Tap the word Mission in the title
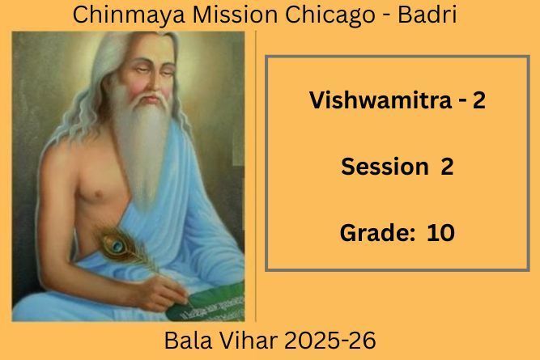(x=235, y=15)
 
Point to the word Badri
(x=427, y=15)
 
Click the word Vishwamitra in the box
(x=381, y=100)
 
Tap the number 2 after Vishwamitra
(x=478, y=100)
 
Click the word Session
(x=385, y=166)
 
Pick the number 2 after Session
(x=447, y=167)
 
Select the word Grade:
(x=377, y=233)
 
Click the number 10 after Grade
(x=440, y=233)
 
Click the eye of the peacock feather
(x=117, y=245)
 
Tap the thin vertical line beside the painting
(x=256, y=176)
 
